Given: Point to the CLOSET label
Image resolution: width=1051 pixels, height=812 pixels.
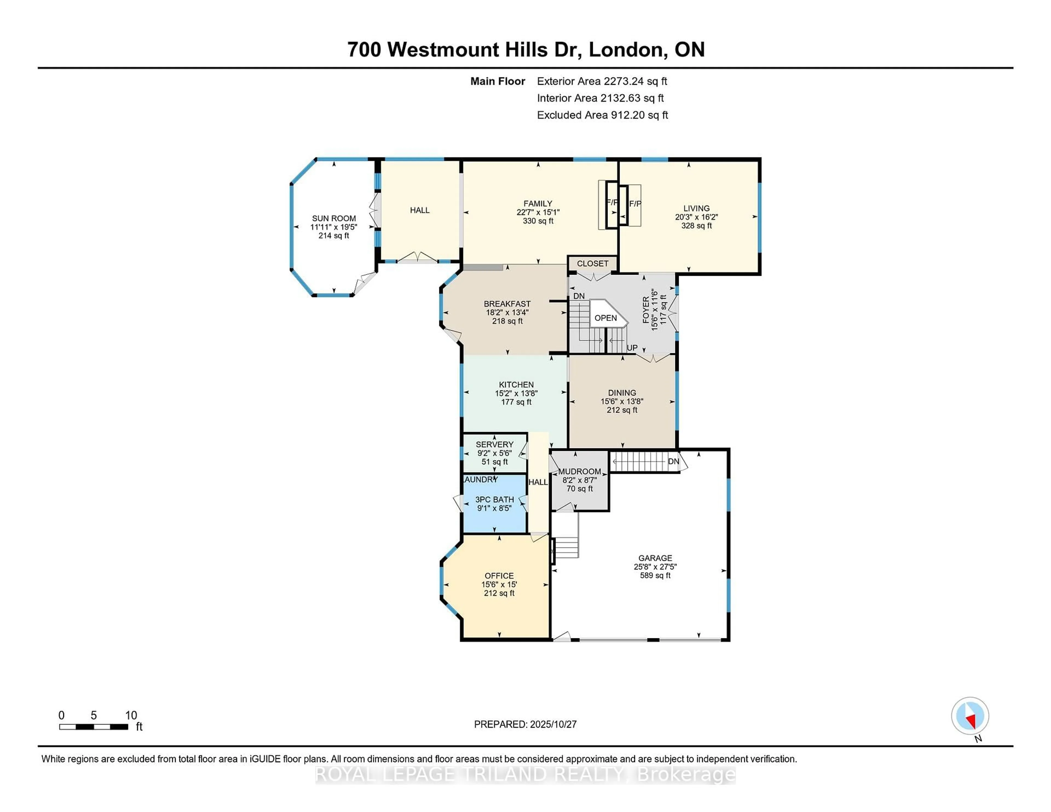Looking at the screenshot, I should point(592,264).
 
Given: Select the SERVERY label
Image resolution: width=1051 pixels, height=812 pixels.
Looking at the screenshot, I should point(494,445).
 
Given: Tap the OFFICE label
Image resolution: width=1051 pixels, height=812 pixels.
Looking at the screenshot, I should point(499,576).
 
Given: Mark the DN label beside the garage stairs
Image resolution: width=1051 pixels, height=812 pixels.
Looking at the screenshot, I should point(673,461).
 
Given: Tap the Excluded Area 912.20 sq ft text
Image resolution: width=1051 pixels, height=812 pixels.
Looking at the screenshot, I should point(602,115).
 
